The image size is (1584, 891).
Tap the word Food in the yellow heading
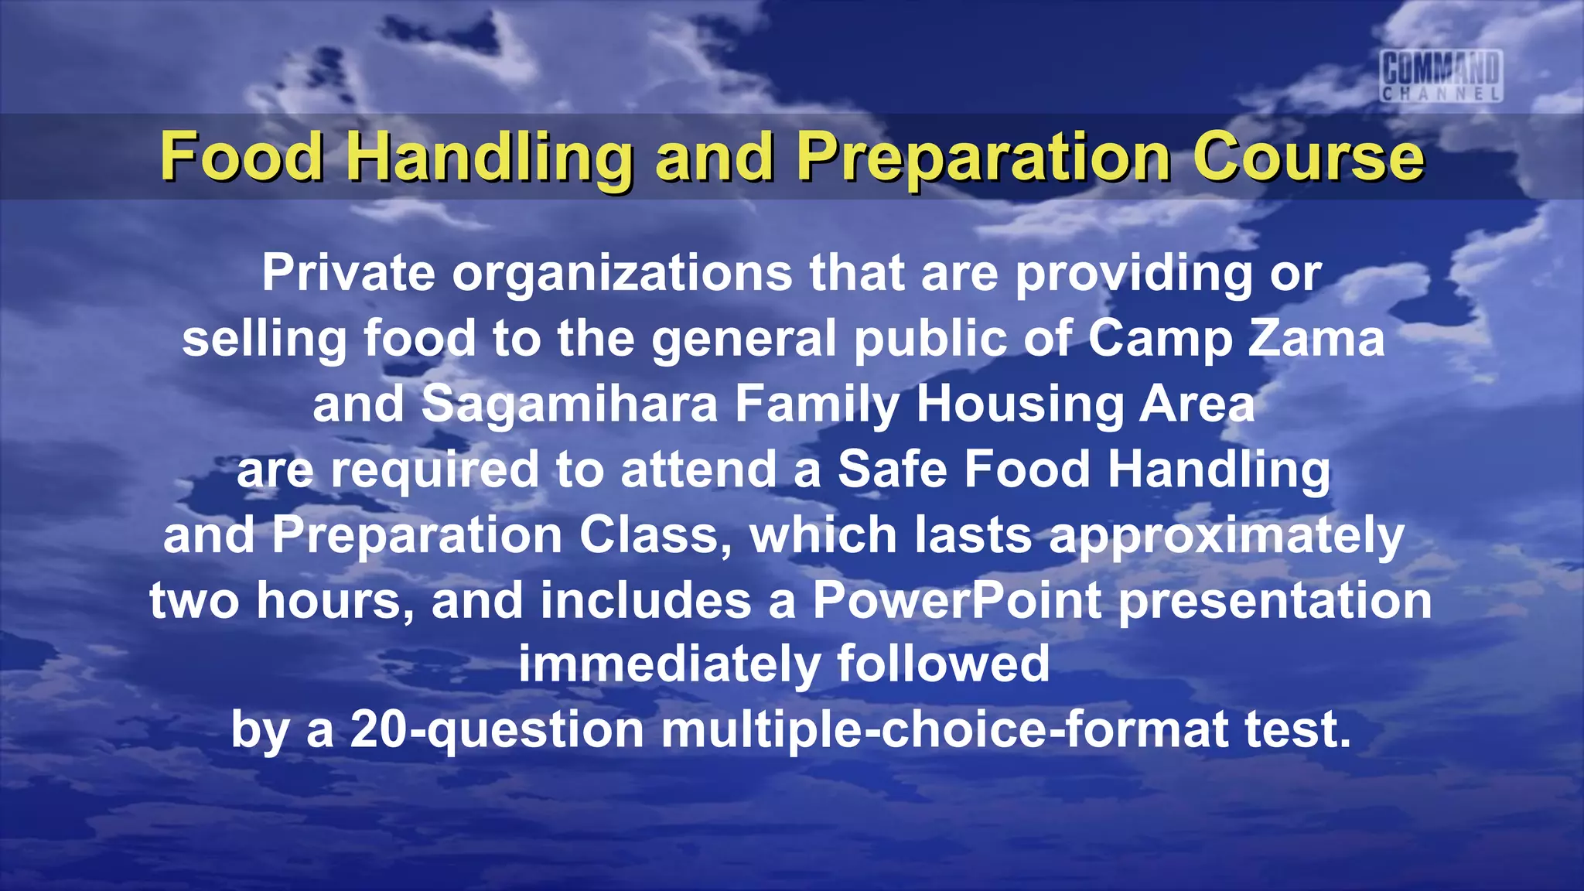[241, 157]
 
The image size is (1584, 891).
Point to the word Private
[348, 273]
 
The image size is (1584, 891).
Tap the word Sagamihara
[569, 405]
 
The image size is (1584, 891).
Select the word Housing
[1019, 405]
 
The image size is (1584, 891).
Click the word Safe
[892, 469]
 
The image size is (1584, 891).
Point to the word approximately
[1226, 536]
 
